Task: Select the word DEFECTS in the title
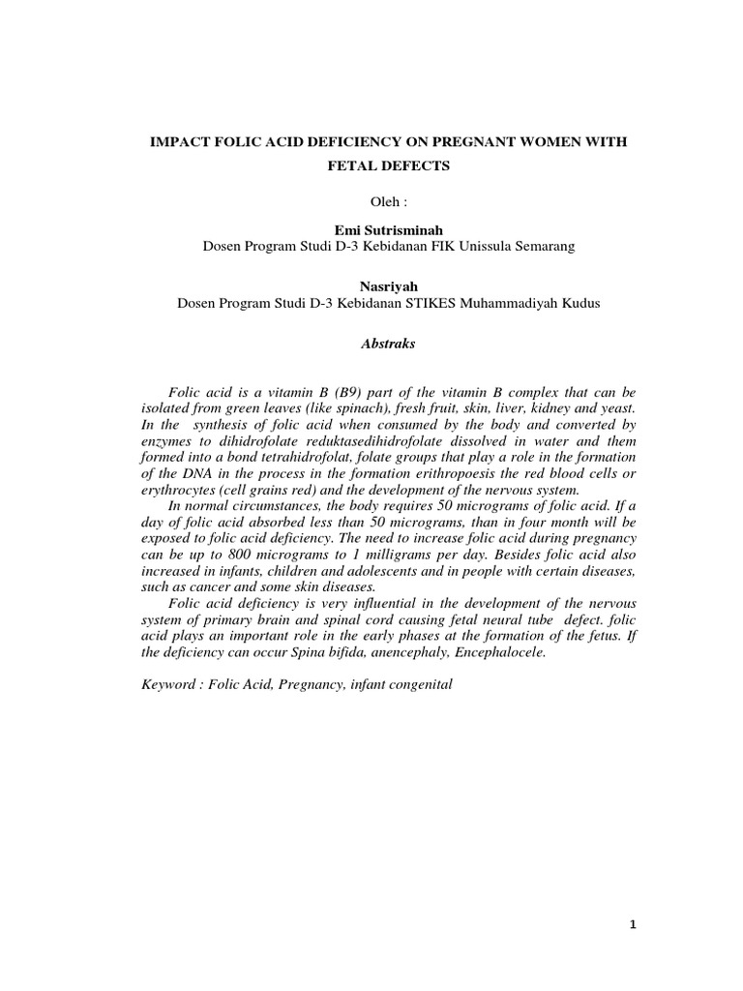pyautogui.click(x=410, y=166)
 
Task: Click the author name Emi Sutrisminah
pyautogui.click(x=388, y=231)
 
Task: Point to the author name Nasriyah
pyautogui.click(x=388, y=287)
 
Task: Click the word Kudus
pyautogui.click(x=580, y=303)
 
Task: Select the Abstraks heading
pyautogui.click(x=388, y=343)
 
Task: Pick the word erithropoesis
pyautogui.click(x=434, y=473)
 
